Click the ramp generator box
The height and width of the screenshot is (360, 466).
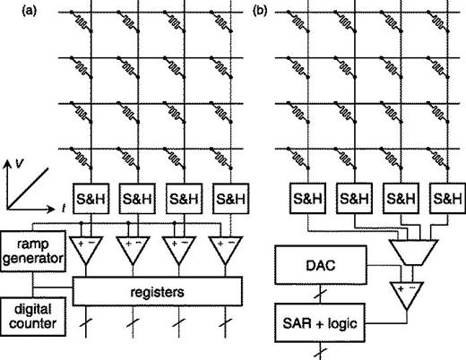tap(30, 251)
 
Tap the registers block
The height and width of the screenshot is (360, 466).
tap(158, 290)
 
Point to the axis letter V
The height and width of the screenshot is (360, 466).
tap(19, 163)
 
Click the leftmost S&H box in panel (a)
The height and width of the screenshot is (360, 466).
tap(88, 196)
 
